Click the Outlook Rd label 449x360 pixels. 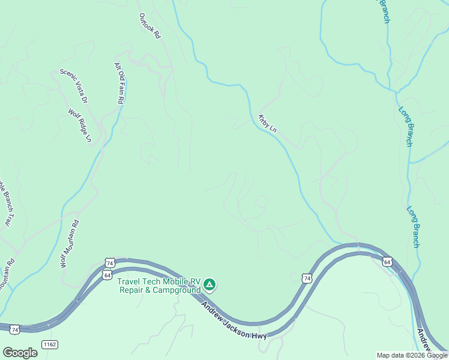[x=150, y=26]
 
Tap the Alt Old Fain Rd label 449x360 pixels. [x=119, y=84]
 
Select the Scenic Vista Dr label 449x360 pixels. [x=74, y=86]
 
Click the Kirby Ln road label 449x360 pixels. [x=268, y=124]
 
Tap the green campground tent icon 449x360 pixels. [x=209, y=283]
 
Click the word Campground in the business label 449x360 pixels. [x=178, y=290]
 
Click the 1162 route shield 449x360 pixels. [x=49, y=344]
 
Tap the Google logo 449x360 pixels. [x=20, y=353]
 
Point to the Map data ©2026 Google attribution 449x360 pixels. [x=412, y=355]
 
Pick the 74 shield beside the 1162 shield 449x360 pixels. [x=14, y=329]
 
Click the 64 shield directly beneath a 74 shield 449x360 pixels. [x=107, y=275]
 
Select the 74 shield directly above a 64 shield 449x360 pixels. [x=109, y=263]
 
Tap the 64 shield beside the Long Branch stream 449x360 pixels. [x=388, y=262]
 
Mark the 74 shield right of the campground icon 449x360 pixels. [x=307, y=278]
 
